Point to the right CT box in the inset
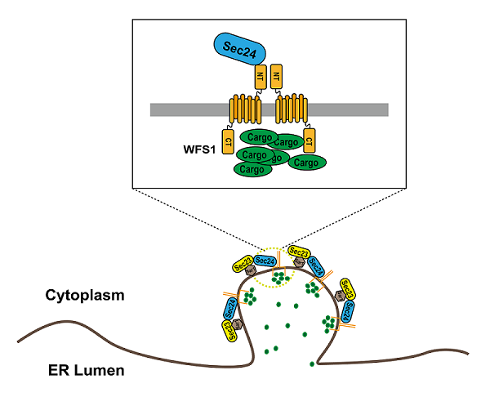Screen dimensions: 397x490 pos(308,140)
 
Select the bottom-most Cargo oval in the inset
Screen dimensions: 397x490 pos(253,169)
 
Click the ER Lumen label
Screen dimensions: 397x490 pos(85,370)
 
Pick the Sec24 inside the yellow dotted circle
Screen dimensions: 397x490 pos(265,260)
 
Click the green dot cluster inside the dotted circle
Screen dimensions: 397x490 pos(281,279)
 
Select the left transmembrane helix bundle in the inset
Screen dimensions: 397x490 pos(244,108)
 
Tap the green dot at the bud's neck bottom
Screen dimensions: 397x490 pos(311,363)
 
